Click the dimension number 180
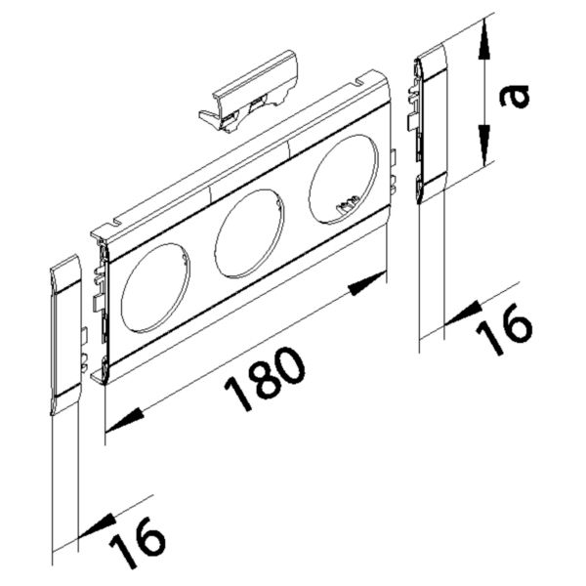point(266,380)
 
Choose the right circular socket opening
point(342,179)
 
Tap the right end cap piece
point(431,128)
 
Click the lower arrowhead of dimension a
point(482,148)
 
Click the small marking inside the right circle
point(344,205)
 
